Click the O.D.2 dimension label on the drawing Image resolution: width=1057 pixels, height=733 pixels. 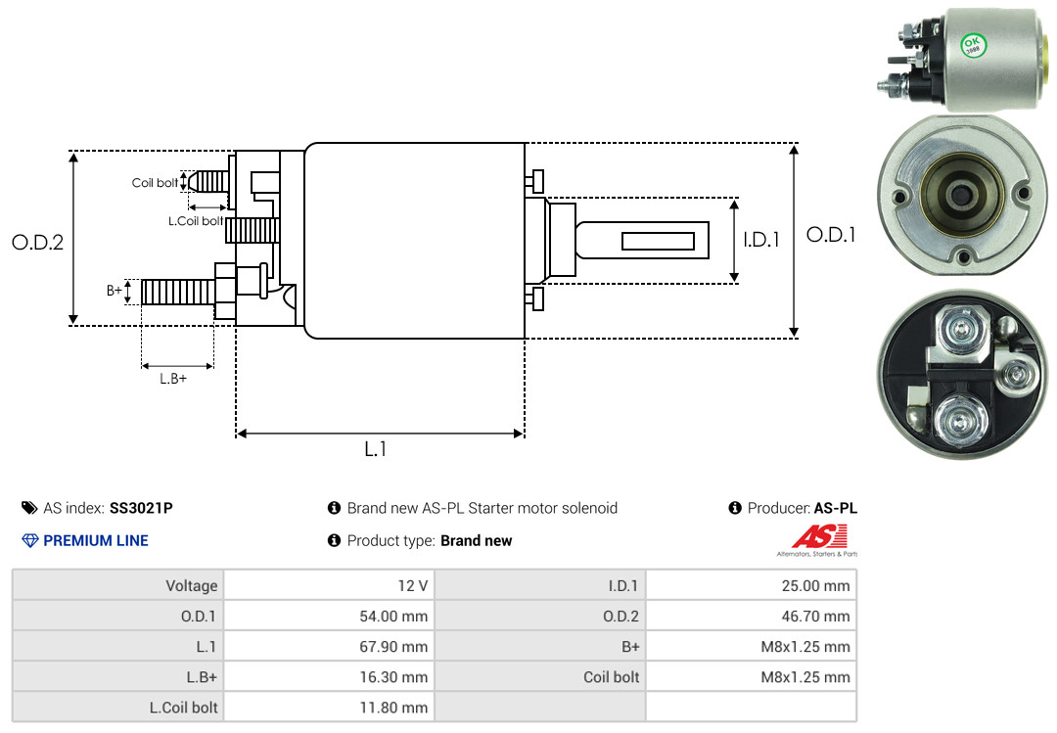[38, 242]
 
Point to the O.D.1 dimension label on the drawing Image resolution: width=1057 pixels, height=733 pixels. [831, 235]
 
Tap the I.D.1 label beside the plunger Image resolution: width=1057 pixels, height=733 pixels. [761, 240]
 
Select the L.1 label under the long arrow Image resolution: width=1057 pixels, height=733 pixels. [376, 449]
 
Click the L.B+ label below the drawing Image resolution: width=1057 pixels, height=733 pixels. [173, 379]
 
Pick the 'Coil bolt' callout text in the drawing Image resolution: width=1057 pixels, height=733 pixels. [155, 183]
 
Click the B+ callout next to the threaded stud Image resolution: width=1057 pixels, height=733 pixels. [114, 291]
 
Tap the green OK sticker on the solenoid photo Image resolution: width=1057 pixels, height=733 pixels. [973, 45]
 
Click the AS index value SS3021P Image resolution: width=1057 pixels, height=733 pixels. [141, 508]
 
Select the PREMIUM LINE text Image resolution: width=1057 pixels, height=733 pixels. [96, 540]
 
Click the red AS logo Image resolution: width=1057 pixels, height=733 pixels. [819, 537]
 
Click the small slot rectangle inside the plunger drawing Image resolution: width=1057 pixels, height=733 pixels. [658, 241]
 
